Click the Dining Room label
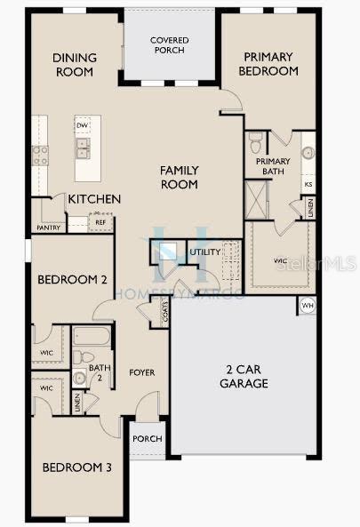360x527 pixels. pos(74,65)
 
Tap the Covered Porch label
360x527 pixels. pos(168,45)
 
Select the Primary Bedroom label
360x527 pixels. pos(268,64)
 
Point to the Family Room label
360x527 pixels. pos(179,177)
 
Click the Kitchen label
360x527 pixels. pos(94,199)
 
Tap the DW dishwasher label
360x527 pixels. pos(82,125)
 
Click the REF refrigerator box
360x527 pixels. pos(89,222)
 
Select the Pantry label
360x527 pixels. pos(48,228)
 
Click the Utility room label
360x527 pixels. pos(205,252)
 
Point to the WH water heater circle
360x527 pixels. pos(308,307)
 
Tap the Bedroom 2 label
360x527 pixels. pos(72,279)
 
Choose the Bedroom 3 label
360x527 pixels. pos(76,467)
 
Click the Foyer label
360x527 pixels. pos(143,371)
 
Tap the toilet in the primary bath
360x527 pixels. pos(255,142)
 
